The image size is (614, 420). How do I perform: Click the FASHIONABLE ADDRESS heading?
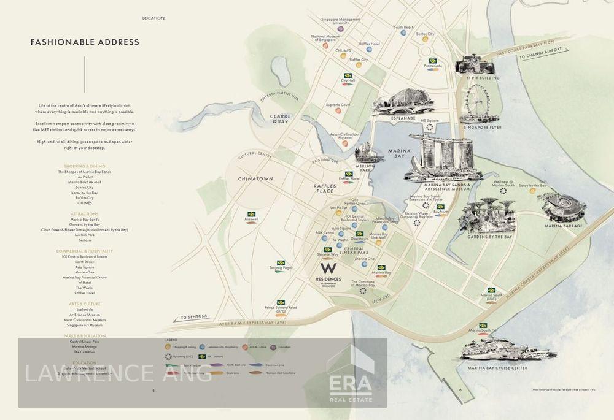pos(85,42)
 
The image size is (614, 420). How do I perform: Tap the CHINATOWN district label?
pos(255,179)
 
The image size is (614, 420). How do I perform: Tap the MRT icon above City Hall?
pos(348,75)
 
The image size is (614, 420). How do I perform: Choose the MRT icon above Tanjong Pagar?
pos(281,263)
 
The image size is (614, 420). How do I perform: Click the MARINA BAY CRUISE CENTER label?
pos(497,368)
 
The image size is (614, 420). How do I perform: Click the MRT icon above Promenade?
pos(433,61)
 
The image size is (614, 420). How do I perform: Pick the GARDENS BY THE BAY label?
pos(490,237)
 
